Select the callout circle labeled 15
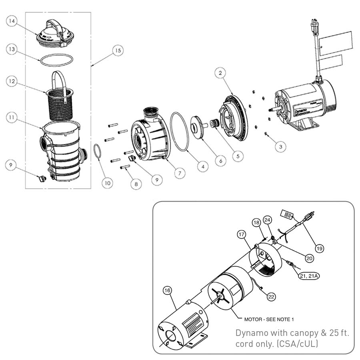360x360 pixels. (x=117, y=51)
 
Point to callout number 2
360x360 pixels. (x=220, y=73)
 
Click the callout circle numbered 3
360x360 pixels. (x=281, y=147)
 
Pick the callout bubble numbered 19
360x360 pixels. (x=319, y=248)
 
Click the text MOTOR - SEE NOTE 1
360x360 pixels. (x=269, y=319)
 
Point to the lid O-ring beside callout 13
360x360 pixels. (x=56, y=59)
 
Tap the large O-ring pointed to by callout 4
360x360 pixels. (x=180, y=132)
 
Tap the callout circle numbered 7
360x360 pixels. (x=179, y=173)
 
